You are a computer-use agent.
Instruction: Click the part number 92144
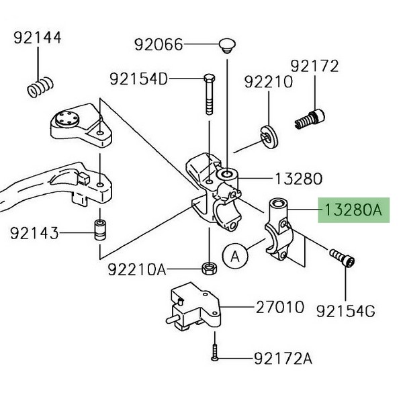pyautogui.click(x=38, y=38)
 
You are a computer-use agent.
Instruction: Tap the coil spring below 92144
pyautogui.click(x=40, y=85)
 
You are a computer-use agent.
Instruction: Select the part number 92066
pyautogui.click(x=158, y=45)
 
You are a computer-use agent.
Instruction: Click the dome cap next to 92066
pyautogui.click(x=227, y=46)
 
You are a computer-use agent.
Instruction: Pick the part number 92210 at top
pyautogui.click(x=269, y=83)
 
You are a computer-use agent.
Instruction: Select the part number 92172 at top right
pyautogui.click(x=314, y=66)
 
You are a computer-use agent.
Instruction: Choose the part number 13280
pyautogui.click(x=298, y=179)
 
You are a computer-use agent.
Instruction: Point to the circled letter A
pyautogui.click(x=235, y=256)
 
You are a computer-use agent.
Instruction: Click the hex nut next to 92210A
pyautogui.click(x=209, y=268)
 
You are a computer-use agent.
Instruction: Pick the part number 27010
pyautogui.click(x=279, y=308)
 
